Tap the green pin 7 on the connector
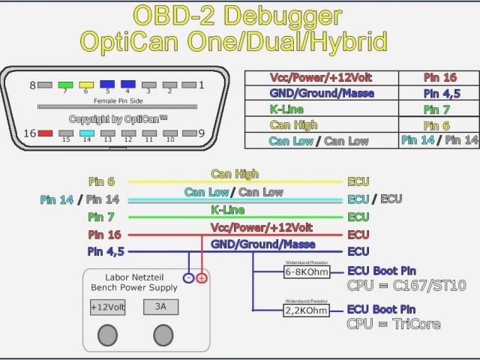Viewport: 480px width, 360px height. [65, 84]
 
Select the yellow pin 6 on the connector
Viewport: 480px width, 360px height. [86, 84]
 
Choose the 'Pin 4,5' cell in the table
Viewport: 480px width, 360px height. [439, 94]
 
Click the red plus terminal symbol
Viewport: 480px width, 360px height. [201, 278]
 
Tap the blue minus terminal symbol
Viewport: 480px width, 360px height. [188, 278]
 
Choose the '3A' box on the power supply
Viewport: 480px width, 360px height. [160, 307]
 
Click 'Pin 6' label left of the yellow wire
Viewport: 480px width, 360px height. [101, 181]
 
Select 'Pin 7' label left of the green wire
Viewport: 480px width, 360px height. [101, 217]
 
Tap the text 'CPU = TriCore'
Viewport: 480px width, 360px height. [393, 324]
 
